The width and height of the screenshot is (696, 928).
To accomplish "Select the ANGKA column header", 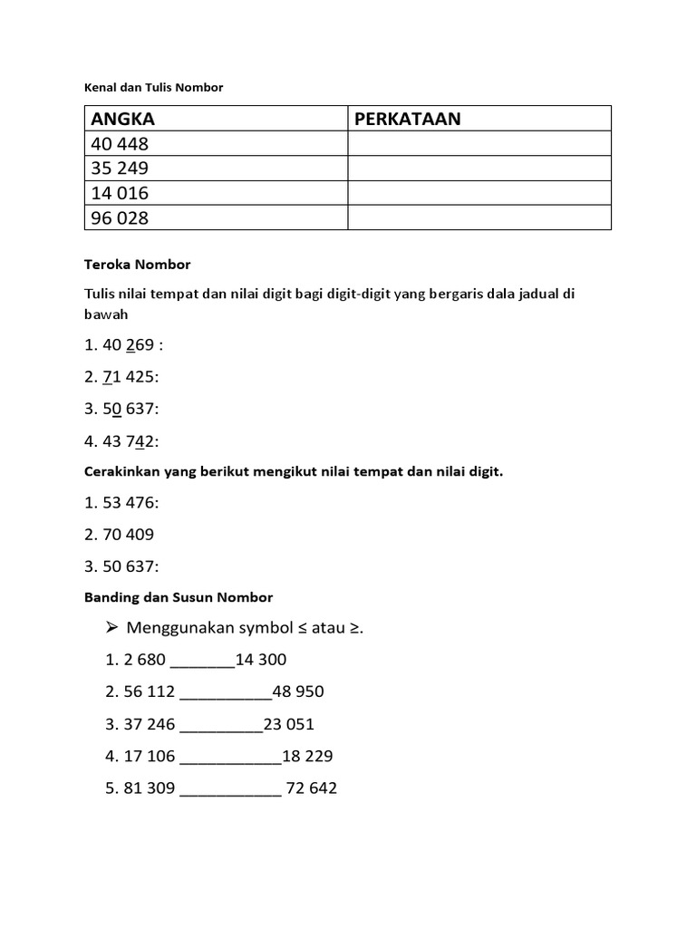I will tap(121, 119).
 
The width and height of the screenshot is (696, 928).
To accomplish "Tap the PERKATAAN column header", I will tap(408, 119).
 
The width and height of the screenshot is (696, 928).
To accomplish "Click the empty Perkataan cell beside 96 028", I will tap(479, 217).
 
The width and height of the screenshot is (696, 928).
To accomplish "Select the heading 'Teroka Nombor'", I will tap(137, 265).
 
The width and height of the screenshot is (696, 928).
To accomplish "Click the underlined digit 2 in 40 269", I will tap(130, 344).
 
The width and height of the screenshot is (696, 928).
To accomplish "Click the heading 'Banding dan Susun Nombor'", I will tap(179, 597).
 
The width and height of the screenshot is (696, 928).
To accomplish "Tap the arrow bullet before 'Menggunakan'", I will tap(113, 628).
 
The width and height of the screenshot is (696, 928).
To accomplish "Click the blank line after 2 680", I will tap(202, 662).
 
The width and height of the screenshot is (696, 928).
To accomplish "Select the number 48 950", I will tap(298, 692).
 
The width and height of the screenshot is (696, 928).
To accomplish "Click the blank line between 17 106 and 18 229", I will tap(231, 757).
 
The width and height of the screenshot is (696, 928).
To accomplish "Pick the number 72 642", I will tap(311, 788).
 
